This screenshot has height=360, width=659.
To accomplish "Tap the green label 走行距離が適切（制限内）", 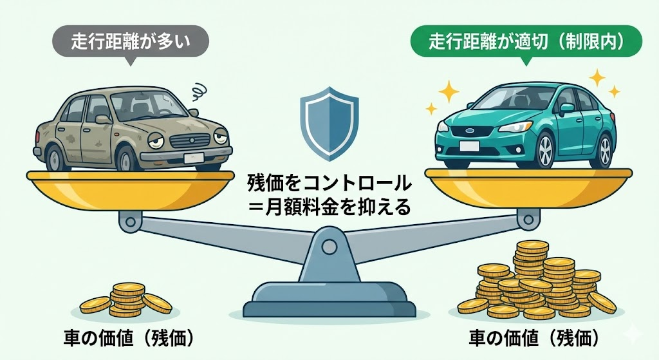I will [526, 43].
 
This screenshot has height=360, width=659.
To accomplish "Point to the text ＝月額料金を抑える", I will [329, 207].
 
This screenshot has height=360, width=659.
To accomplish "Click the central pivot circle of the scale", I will [329, 246].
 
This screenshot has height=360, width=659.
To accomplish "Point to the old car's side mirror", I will [103, 119].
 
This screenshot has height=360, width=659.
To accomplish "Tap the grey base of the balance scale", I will [329, 298].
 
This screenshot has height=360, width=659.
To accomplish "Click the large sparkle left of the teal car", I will [449, 91].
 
